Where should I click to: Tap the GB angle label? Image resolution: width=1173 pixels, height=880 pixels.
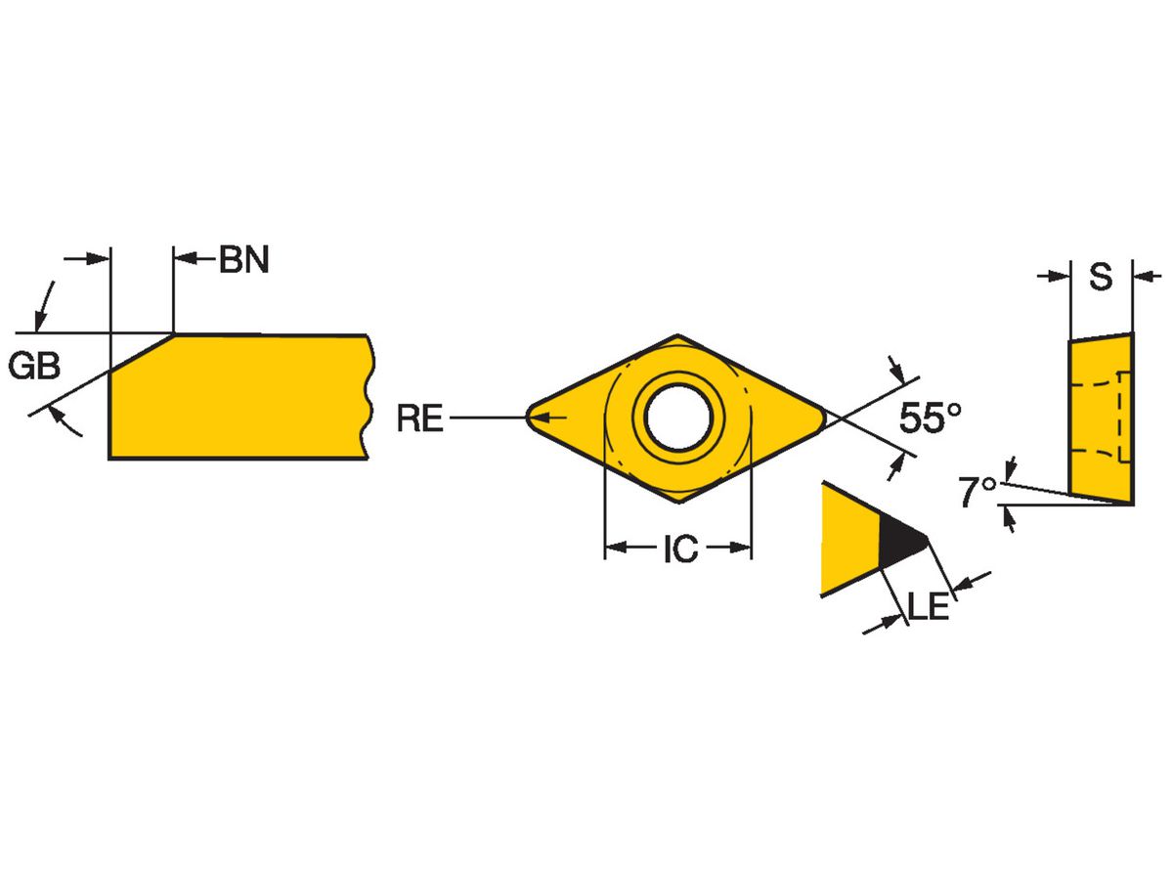pyautogui.click(x=34, y=367)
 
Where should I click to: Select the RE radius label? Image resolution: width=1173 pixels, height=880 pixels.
pyautogui.click(x=419, y=419)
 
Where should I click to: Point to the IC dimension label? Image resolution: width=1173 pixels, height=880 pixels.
pyautogui.click(x=680, y=550)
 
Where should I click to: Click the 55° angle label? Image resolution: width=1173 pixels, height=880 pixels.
pyautogui.click(x=931, y=418)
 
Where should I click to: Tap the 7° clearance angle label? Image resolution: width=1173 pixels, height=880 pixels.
pyautogui.click(x=977, y=492)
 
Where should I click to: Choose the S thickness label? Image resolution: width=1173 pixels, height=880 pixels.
pyautogui.click(x=1101, y=278)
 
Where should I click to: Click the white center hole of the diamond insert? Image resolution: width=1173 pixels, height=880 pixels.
pyautogui.click(x=677, y=418)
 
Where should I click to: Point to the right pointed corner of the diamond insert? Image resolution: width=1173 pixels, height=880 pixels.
pyautogui.click(x=823, y=418)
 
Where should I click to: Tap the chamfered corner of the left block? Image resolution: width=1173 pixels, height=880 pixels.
pyautogui.click(x=142, y=353)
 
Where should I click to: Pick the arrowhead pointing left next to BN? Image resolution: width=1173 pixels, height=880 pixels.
pyautogui.click(x=185, y=259)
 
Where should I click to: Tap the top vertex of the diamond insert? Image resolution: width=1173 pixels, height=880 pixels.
pyautogui.click(x=677, y=336)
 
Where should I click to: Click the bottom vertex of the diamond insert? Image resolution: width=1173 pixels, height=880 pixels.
pyautogui.click(x=677, y=502)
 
